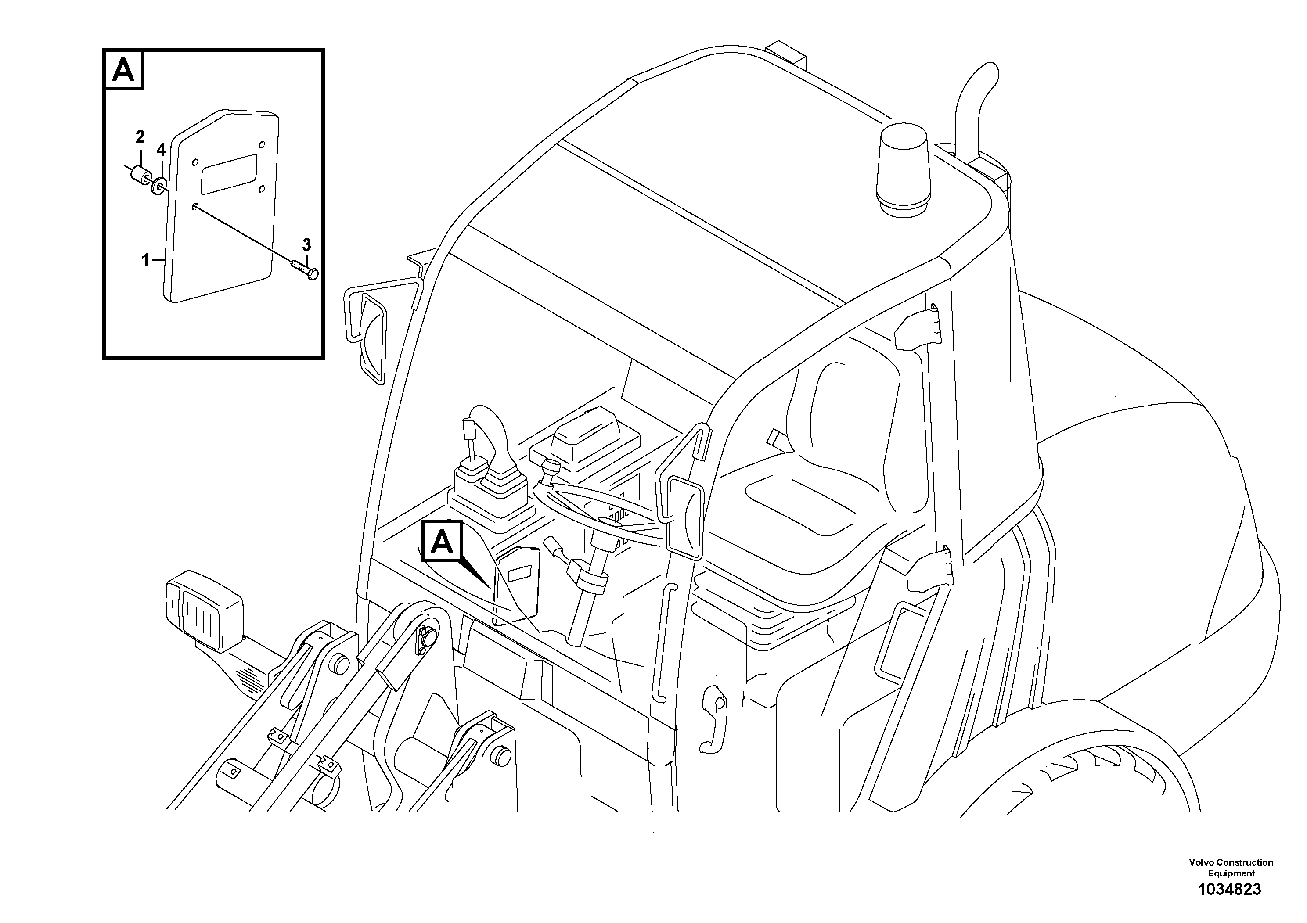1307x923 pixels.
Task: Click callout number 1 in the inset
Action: coord(146,260)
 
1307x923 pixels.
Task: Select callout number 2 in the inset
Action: coord(140,137)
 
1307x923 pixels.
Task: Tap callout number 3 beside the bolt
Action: coord(306,245)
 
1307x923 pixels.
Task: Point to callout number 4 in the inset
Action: coord(161,150)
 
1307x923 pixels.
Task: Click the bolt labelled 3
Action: coord(305,270)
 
